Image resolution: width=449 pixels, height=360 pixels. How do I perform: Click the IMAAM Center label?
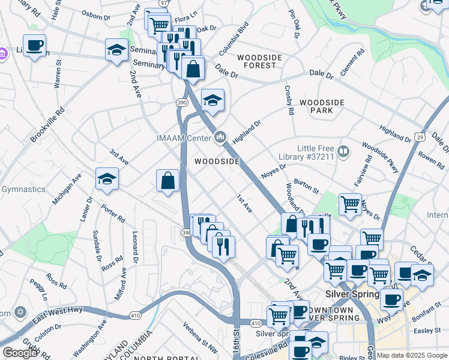coord(184,139)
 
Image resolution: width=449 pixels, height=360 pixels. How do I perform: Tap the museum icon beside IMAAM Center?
coord(221,138)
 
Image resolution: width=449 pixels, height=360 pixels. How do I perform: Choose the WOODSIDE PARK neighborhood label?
coord(322,106)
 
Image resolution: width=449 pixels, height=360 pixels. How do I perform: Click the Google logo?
coord(20,353)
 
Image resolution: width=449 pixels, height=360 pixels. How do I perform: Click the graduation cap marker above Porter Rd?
coord(107,179)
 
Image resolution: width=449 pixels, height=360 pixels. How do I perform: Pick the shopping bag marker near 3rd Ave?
coord(168,180)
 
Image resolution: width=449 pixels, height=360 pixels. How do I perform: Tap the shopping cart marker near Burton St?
coord(350,203)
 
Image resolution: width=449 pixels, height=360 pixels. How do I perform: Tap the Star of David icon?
coord(20,313)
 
